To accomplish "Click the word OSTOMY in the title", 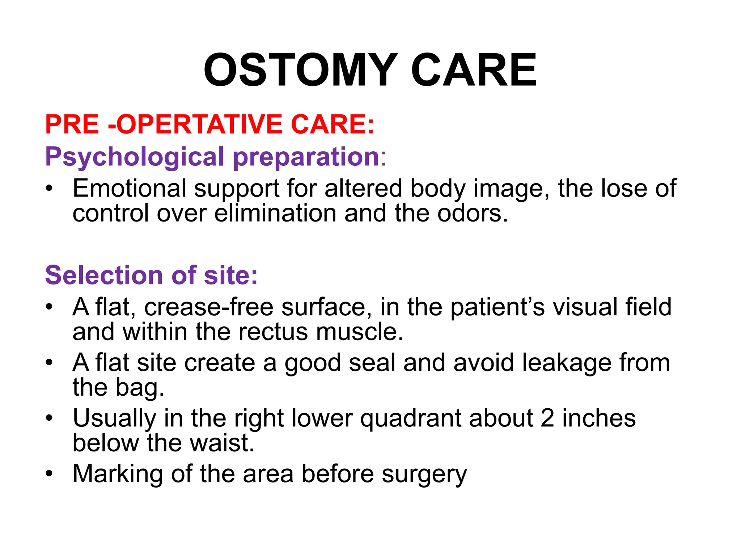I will point(301,70).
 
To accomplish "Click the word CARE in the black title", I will point(474,70).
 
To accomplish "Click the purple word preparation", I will point(306,157).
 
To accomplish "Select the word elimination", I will point(275,213).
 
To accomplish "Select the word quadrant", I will point(411,419).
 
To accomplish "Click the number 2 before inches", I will point(547,418).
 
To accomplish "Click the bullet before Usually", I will point(49,418).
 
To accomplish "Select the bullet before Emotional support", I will point(49,189).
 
